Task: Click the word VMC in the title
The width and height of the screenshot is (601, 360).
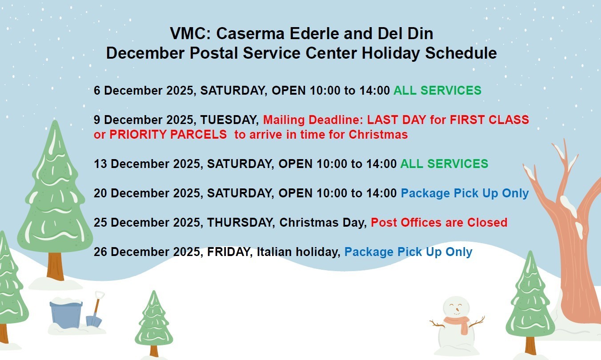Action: point(191,33)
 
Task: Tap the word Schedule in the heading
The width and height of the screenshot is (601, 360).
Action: point(461,53)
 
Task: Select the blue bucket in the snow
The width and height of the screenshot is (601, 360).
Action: point(66,314)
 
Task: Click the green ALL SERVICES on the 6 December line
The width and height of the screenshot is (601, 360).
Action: point(437,90)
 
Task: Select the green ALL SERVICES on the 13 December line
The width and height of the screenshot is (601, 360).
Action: point(444,164)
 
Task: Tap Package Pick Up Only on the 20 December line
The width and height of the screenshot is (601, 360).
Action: point(465,193)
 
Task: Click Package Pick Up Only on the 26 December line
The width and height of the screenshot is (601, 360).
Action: point(408,252)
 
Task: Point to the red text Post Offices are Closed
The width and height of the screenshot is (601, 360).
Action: point(439,223)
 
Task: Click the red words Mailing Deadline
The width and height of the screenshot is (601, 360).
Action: point(313,120)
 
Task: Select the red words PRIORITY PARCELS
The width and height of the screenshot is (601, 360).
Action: point(168,135)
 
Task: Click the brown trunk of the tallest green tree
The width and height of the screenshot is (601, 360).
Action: point(55,266)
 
